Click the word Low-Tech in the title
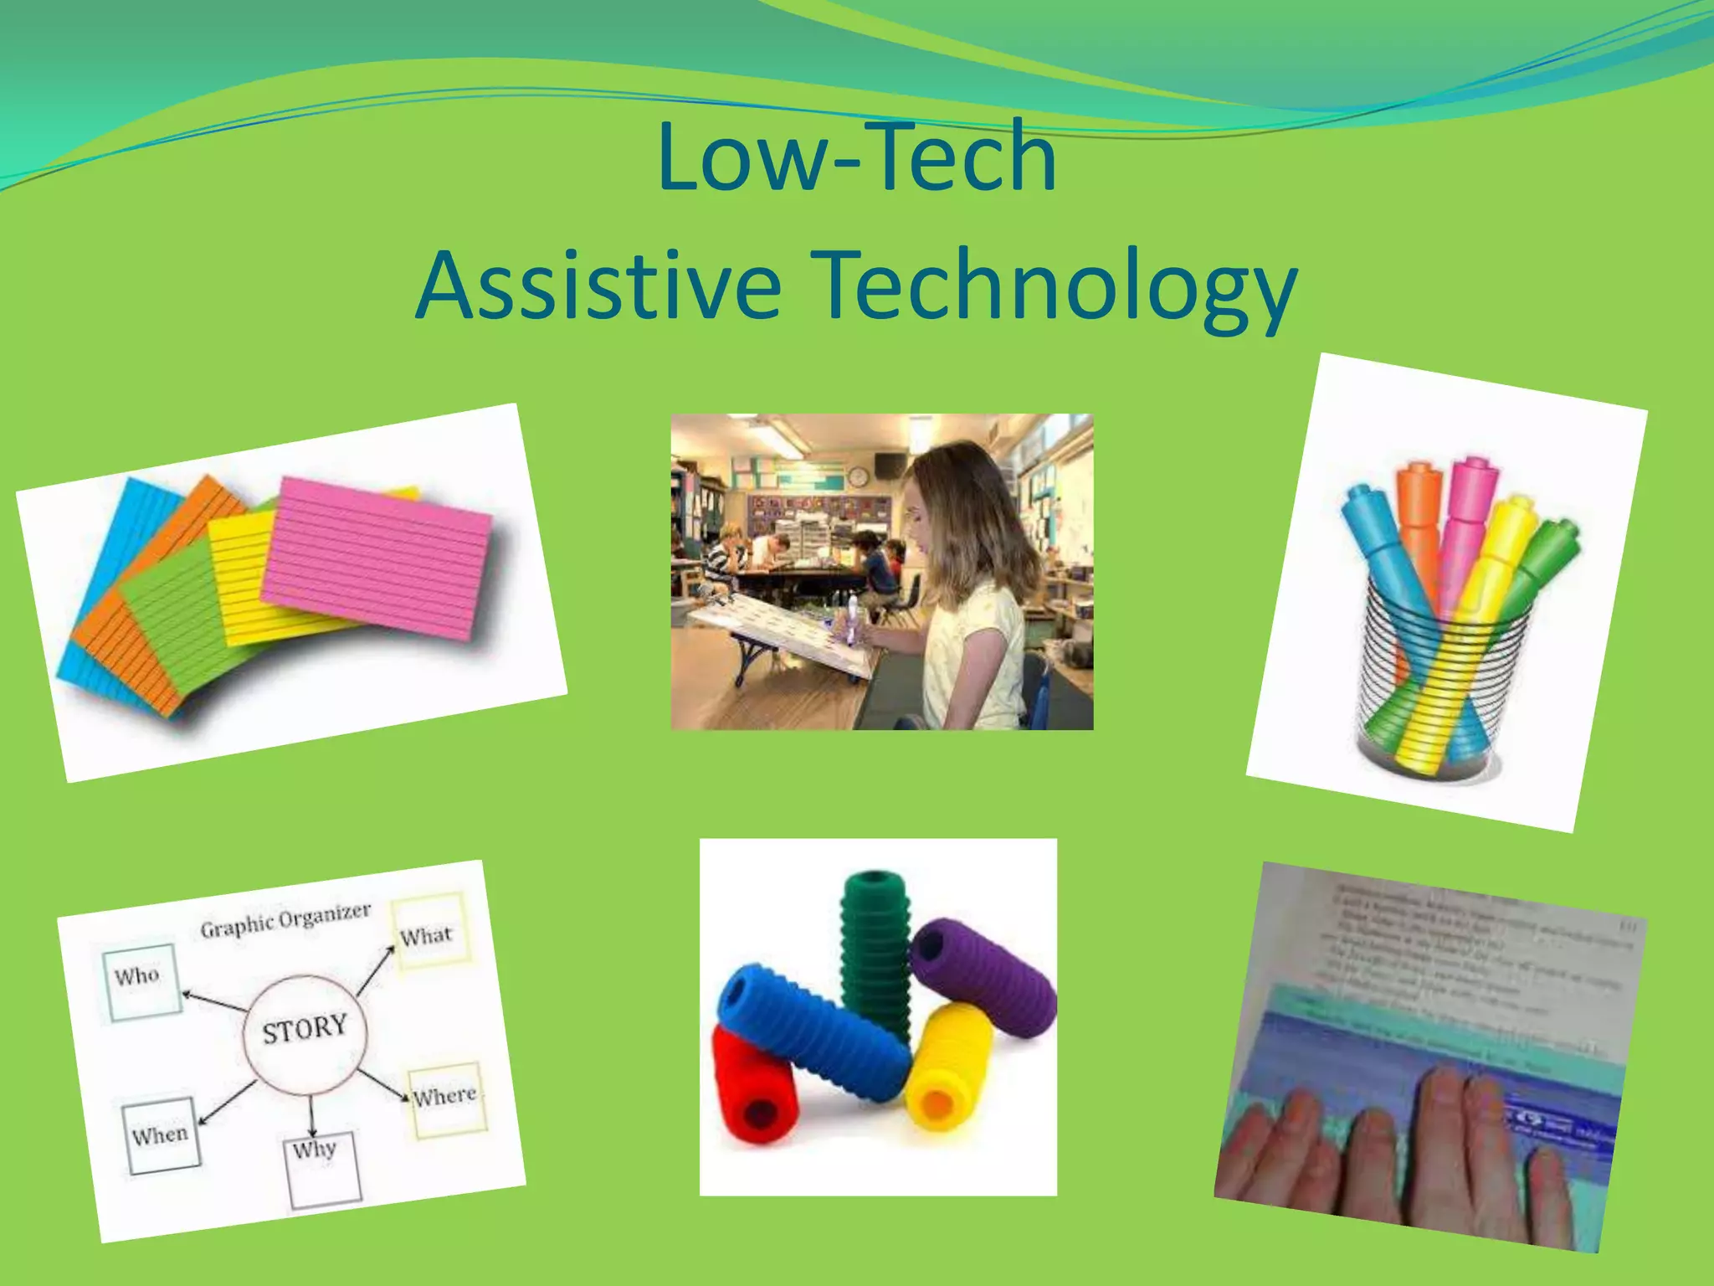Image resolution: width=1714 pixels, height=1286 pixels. [856, 157]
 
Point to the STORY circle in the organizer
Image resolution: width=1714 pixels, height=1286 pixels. [305, 1029]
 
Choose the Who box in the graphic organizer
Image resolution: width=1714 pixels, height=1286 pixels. [141, 980]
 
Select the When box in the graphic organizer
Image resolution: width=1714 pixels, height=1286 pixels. [162, 1135]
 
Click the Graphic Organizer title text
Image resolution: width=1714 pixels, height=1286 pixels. [285, 920]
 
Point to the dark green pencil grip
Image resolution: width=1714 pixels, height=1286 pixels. [875, 946]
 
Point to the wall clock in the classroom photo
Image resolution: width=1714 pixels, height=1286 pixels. [857, 477]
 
